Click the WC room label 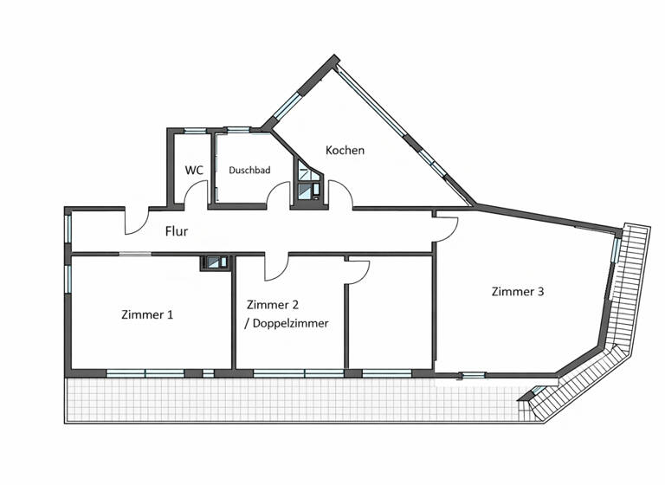click(x=194, y=170)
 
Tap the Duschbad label click(x=249, y=171)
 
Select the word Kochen click(x=345, y=150)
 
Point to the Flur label click(x=177, y=231)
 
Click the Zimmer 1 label click(x=147, y=314)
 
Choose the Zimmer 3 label click(x=517, y=292)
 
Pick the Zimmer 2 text click(x=273, y=305)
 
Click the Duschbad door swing click(x=278, y=198)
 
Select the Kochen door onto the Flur click(x=340, y=197)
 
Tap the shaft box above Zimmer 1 click(x=215, y=262)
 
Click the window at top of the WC click(x=195, y=131)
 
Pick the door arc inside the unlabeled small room click(x=358, y=270)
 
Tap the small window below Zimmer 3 click(x=472, y=375)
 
